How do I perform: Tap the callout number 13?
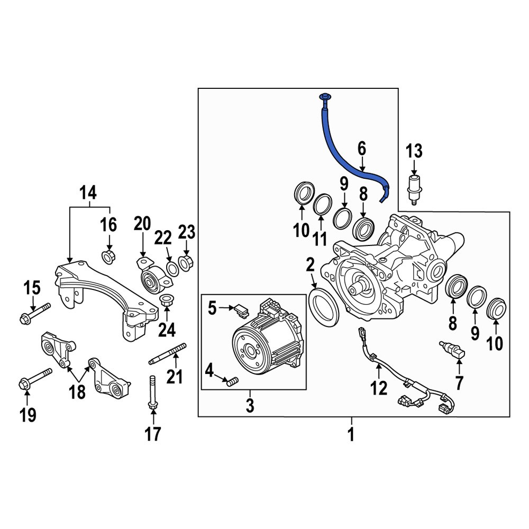(x=414, y=151)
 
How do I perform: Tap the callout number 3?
(x=250, y=406)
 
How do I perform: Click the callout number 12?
(x=379, y=389)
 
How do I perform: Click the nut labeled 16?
(x=109, y=257)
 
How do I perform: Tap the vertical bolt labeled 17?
(x=152, y=394)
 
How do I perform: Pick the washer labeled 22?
(x=172, y=268)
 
